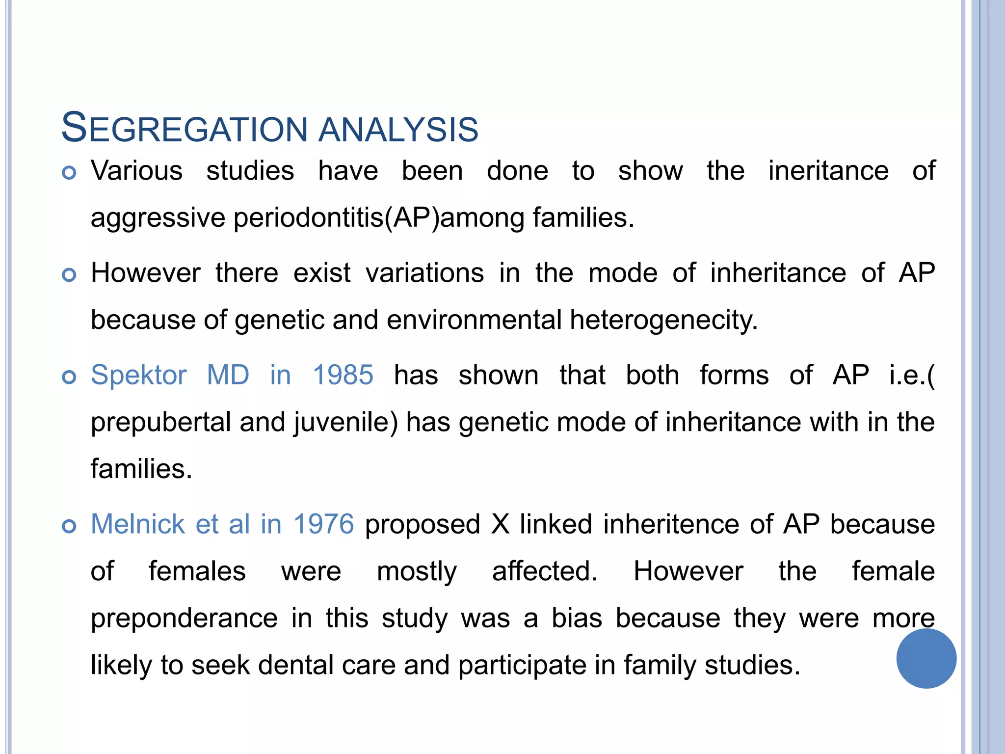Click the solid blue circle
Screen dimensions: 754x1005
(x=926, y=658)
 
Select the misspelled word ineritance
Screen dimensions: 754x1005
(x=828, y=171)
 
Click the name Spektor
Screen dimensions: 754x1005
(x=139, y=376)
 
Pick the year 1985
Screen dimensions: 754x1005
(x=343, y=375)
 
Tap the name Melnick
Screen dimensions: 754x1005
(x=138, y=524)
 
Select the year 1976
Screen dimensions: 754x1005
(x=323, y=524)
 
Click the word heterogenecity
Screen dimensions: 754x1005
(x=663, y=320)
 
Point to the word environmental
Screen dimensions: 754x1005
(x=474, y=320)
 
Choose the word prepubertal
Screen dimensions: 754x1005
(x=160, y=422)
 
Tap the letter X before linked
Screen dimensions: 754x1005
(x=500, y=524)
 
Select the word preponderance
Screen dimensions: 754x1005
(x=184, y=618)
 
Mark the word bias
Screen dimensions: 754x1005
(x=577, y=618)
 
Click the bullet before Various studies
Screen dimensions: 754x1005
(x=69, y=173)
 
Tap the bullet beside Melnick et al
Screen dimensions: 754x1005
(x=69, y=526)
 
